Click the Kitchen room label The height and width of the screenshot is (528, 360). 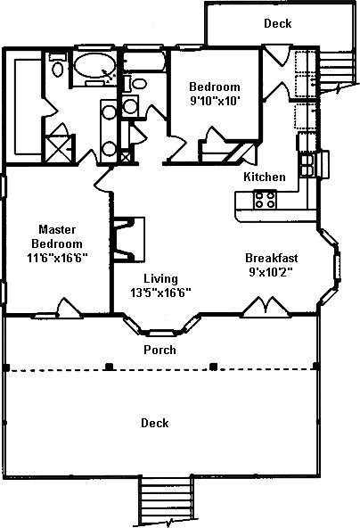click(265, 177)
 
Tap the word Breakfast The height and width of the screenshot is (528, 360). click(272, 258)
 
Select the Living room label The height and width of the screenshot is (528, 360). click(160, 279)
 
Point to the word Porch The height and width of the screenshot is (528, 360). click(160, 350)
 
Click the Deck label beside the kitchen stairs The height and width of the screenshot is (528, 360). click(277, 23)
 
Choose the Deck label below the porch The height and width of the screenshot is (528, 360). click(155, 423)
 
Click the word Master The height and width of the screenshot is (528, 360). click(57, 229)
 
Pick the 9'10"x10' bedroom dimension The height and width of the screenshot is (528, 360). click(215, 101)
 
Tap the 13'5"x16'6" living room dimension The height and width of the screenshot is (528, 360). click(160, 293)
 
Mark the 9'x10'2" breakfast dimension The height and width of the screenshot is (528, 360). click(271, 272)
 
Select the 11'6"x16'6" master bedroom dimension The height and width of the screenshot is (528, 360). click(57, 258)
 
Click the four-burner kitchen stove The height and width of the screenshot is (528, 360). click(266, 200)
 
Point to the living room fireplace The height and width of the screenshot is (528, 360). click(129, 240)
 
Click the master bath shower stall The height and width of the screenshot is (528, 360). click(59, 148)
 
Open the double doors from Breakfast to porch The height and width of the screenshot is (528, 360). click(266, 307)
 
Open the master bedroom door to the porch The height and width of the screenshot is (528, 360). click(70, 308)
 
